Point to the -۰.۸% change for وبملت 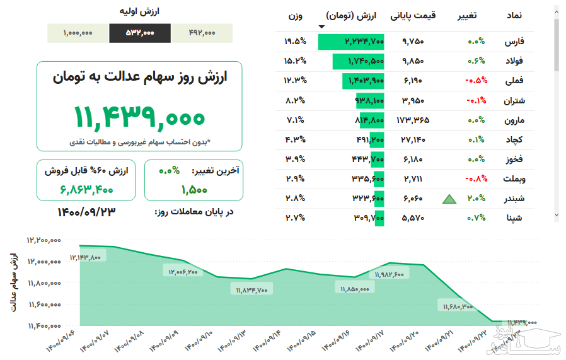(475, 179)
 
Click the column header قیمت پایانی (413, 15)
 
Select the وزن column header (296, 15)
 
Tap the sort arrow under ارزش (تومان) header (322, 26)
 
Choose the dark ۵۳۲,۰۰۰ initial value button (140, 33)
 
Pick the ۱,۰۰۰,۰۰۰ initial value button (78, 33)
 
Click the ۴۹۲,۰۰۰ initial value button (202, 33)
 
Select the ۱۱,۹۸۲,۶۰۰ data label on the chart (391, 274)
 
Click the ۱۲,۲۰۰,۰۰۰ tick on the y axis (43, 240)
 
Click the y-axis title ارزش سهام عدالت (14, 282)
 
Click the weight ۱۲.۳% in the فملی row (294, 81)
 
